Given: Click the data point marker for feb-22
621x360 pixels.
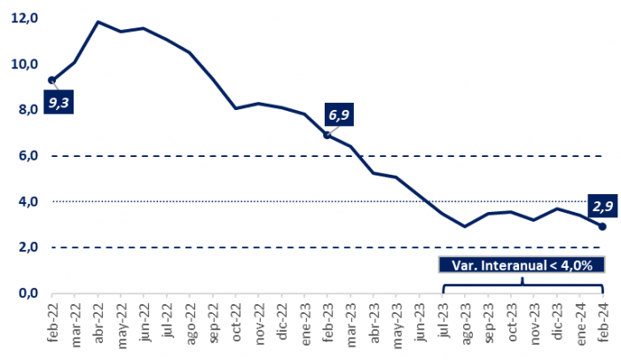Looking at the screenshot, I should pos(51,80).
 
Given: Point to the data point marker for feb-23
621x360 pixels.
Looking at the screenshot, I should pos(327,135).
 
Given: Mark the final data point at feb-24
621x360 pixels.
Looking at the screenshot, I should pos(602,226).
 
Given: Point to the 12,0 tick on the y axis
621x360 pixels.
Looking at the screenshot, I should pos(26,19).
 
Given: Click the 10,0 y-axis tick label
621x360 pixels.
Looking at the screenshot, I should pos(26,64).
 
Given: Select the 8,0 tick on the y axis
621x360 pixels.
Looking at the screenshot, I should pos(28,110).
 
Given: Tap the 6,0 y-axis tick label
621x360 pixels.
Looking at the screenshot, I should pos(28,156).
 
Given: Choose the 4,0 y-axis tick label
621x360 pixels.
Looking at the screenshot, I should pos(28,202).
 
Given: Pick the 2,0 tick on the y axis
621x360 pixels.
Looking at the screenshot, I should pos(28,247).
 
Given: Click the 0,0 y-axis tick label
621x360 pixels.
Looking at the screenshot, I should pos(28,293).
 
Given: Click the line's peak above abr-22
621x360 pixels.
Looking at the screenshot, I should pos(98,21).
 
